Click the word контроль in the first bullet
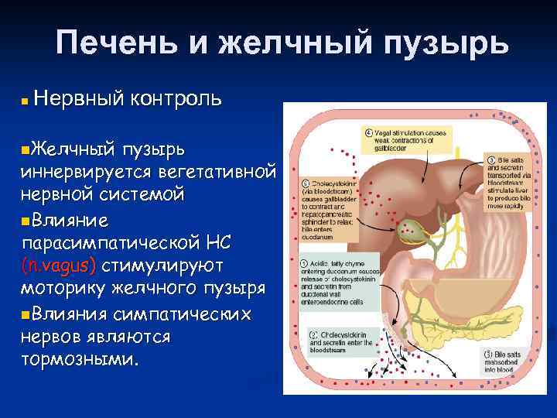[x=177, y=98]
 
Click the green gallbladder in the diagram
[x=408, y=229]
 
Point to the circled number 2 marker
[x=313, y=335]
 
